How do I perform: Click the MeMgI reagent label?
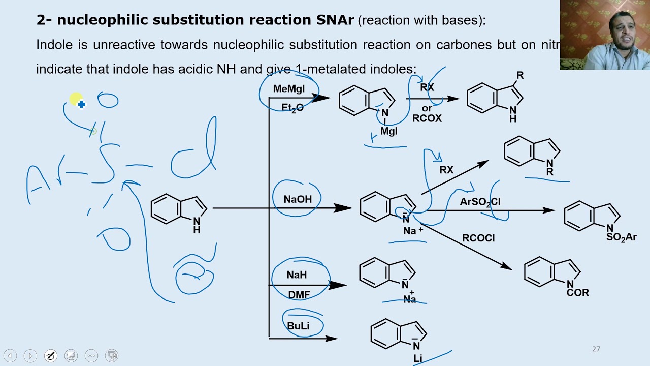[288, 89]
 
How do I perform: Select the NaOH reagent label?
[298, 199]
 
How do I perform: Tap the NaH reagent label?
[297, 274]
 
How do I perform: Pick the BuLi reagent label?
[298, 326]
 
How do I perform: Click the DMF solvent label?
[299, 295]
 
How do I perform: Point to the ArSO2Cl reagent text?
[480, 202]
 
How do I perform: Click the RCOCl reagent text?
[478, 238]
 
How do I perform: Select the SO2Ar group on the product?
[621, 237]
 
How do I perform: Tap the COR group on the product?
[578, 293]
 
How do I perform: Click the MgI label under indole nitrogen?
[388, 131]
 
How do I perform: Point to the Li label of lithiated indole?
[417, 358]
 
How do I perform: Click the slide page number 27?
[596, 349]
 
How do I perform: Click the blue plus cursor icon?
[81, 104]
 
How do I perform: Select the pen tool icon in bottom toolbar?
[51, 356]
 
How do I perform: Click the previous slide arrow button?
[10, 356]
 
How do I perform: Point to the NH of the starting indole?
[197, 225]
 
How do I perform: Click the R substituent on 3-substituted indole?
[519, 75]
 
